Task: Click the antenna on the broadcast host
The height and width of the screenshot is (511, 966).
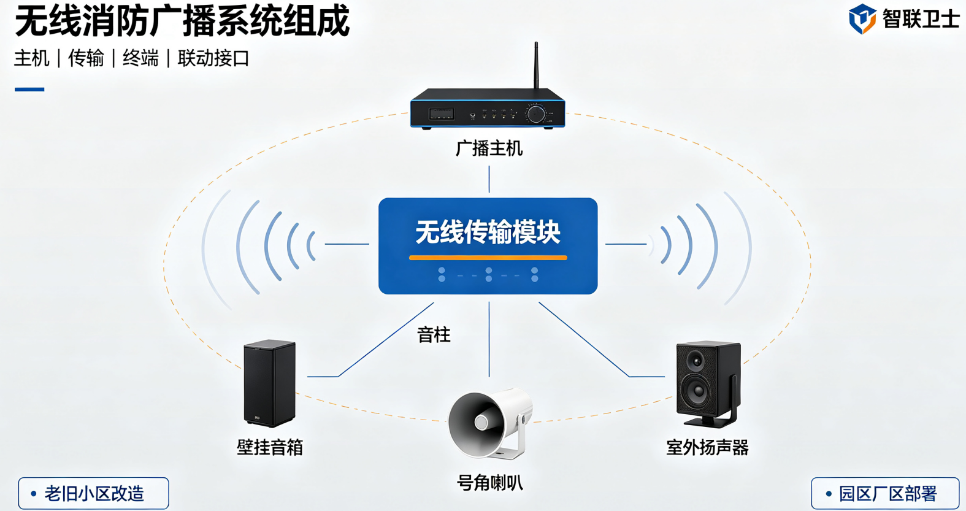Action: (536, 66)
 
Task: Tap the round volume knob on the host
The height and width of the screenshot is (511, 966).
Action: (535, 114)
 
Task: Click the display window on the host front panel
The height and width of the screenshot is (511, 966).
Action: (441, 114)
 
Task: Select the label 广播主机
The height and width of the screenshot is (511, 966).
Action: (489, 149)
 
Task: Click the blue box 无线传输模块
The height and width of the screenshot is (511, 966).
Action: (488, 246)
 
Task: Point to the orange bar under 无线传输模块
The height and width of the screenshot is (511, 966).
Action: (488, 258)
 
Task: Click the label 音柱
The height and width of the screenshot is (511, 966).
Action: (434, 335)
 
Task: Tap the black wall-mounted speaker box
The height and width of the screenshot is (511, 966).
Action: (269, 383)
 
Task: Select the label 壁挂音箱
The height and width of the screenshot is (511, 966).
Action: (270, 448)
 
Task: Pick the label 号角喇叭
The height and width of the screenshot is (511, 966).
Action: (490, 483)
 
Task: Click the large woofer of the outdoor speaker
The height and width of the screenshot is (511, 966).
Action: (696, 392)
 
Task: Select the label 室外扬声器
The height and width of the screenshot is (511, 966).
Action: (707, 448)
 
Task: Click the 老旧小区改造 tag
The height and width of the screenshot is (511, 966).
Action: (94, 493)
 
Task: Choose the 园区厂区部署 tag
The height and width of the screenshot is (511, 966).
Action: (885, 493)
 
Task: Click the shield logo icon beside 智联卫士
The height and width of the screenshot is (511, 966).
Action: (862, 18)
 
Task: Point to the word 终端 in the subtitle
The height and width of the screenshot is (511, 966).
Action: (140, 58)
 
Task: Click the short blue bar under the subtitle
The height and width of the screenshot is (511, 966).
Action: (29, 90)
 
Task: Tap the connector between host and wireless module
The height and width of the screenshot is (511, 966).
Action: (489, 179)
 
